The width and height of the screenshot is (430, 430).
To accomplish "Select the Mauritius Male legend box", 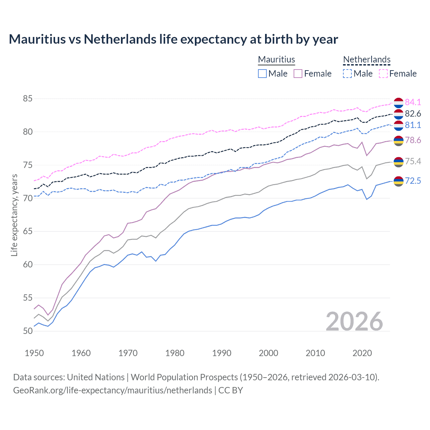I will click(x=262, y=74).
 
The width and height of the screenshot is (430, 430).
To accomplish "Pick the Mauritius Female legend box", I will click(x=298, y=74).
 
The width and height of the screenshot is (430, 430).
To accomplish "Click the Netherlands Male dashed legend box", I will click(x=347, y=74).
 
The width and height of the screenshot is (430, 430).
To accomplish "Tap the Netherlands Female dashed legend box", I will click(x=383, y=74).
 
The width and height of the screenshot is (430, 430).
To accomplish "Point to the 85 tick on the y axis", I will click(x=28, y=99).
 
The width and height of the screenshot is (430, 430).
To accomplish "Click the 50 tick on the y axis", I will click(x=28, y=331).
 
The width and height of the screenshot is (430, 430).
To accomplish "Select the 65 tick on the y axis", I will click(x=28, y=231).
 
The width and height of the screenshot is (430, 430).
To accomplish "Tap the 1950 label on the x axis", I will click(x=34, y=353).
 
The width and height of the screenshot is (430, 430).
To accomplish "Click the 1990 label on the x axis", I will click(x=222, y=353).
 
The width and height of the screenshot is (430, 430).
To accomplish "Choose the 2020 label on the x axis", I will click(x=362, y=353).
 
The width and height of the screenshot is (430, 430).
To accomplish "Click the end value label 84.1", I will click(x=413, y=102).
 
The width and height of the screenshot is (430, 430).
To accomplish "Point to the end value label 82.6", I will click(x=413, y=114).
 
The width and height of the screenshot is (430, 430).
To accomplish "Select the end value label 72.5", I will click(x=413, y=181).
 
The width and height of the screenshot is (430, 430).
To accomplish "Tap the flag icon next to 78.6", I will click(x=398, y=141).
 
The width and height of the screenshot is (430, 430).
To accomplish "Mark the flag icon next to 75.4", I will click(x=398, y=162).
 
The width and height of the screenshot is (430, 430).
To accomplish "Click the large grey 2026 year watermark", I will click(x=354, y=321).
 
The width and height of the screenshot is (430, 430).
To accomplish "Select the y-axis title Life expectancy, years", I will click(x=14, y=215).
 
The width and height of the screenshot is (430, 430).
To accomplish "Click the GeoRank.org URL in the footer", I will click(x=113, y=390).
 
